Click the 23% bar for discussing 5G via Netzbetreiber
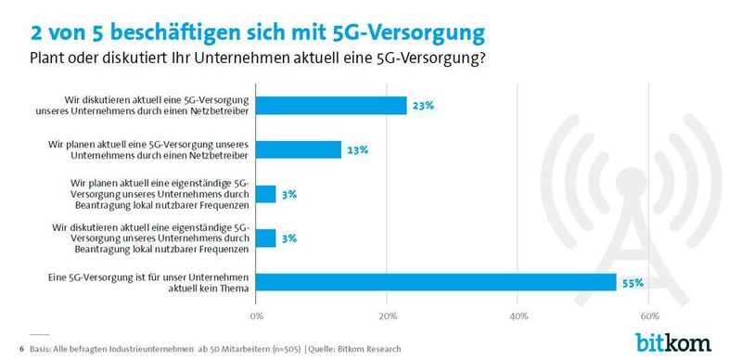click(331, 105)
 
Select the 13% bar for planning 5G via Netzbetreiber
click(299, 149)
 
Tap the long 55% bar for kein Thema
click(436, 282)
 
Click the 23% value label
click(423, 106)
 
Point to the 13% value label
click(358, 149)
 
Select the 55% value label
click(633, 282)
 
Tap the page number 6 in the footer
click(20, 349)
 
